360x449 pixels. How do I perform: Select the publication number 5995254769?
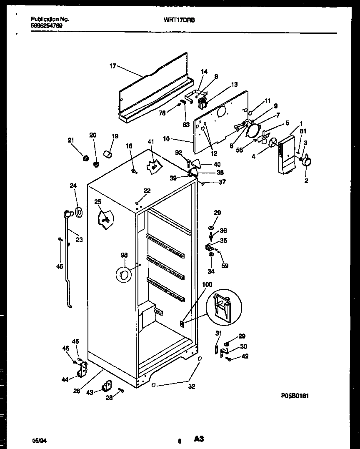47,25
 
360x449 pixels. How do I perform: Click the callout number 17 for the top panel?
112,65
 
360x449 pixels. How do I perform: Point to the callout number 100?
207,284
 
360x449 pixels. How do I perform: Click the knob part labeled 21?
85,158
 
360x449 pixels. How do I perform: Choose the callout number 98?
124,255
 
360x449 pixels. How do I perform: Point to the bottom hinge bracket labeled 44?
83,369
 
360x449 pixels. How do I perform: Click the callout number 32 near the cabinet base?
191,386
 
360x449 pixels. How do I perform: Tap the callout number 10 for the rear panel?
166,139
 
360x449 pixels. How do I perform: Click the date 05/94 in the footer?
38,440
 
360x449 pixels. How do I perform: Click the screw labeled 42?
229,359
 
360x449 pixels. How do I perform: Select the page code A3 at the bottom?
198,439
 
